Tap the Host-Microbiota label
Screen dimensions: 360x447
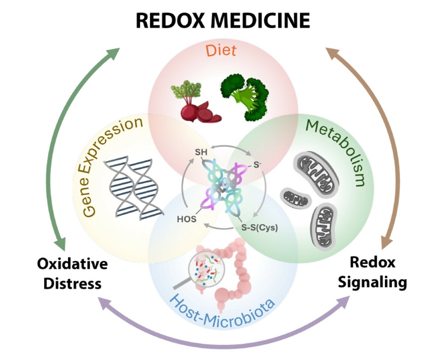tap(222, 306)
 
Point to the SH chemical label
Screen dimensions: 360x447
tap(201, 153)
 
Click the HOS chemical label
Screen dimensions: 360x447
tap(186, 219)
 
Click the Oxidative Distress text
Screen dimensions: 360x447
tap(72, 273)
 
